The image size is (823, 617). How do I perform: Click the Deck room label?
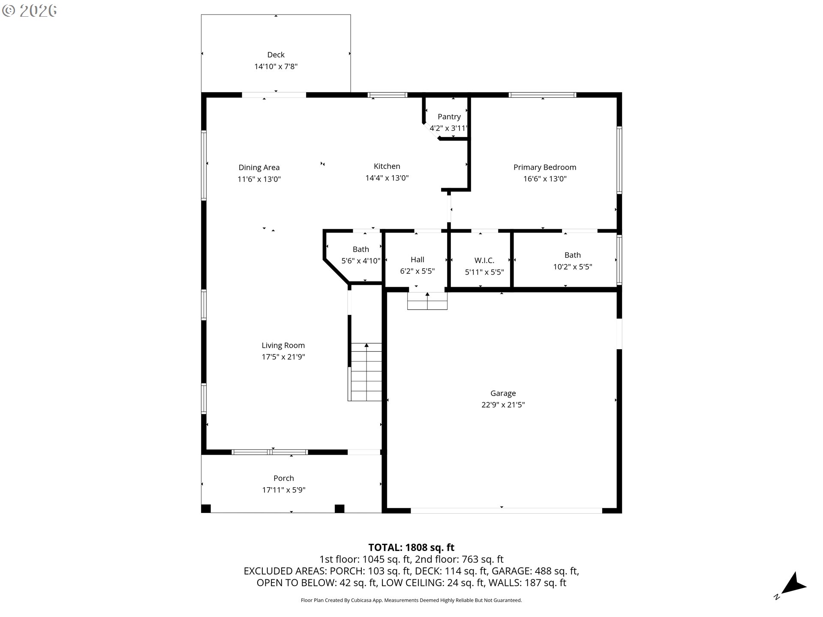pyautogui.click(x=276, y=55)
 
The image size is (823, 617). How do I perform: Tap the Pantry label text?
pyautogui.click(x=449, y=117)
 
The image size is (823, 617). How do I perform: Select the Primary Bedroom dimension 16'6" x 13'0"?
pyautogui.click(x=545, y=179)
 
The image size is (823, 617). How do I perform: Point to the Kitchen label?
pyautogui.click(x=387, y=166)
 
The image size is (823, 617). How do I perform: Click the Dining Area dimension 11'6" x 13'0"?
pyautogui.click(x=259, y=179)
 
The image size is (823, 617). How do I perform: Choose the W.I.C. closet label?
pyautogui.click(x=484, y=261)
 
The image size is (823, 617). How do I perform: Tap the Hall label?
pyautogui.click(x=418, y=260)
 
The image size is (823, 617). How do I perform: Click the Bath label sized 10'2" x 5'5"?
pyautogui.click(x=573, y=255)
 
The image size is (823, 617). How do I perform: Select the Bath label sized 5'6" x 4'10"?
pyautogui.click(x=361, y=249)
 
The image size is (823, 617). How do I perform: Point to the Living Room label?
pyautogui.click(x=283, y=345)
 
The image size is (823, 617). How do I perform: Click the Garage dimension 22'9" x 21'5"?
pyautogui.click(x=503, y=404)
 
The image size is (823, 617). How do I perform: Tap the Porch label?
pyautogui.click(x=284, y=478)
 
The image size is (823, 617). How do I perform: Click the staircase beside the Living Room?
pyautogui.click(x=365, y=372)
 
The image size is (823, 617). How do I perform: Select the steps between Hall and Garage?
pyautogui.click(x=427, y=301)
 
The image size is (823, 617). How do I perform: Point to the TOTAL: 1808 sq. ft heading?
pyautogui.click(x=411, y=548)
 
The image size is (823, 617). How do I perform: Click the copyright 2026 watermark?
pyautogui.click(x=29, y=11)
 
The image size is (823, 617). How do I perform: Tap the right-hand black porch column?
pyautogui.click(x=339, y=509)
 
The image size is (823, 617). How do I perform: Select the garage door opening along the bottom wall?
pyautogui.click(x=507, y=511)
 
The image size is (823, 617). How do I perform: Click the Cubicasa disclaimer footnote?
pyautogui.click(x=411, y=600)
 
